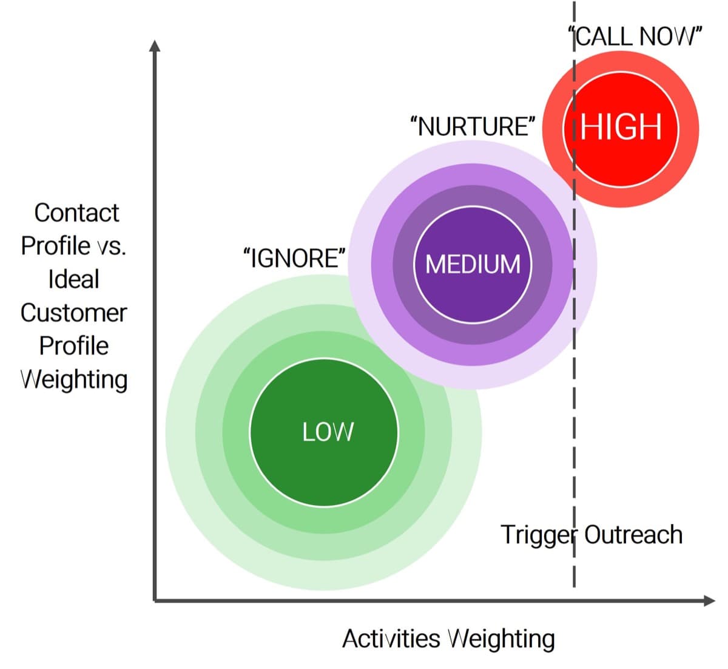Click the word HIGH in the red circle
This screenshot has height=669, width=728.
pos(621,127)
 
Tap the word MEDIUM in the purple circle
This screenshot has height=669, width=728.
pos(473,264)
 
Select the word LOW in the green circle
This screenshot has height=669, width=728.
pos(328,432)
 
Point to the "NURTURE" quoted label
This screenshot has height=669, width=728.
pos(473,126)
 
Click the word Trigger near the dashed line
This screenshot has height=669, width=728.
pos(538,535)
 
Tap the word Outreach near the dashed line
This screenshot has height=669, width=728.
pos(633,535)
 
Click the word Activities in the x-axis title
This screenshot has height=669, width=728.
pos(391,639)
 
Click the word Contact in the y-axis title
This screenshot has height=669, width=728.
pos(76,213)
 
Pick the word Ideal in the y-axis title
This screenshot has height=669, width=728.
pos(73,279)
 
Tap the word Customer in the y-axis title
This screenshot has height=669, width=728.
pos(73,313)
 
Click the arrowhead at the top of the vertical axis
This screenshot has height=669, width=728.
pos(155,46)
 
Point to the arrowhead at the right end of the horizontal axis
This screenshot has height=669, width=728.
pos(709,600)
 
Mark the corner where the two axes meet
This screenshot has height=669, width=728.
pos(155,600)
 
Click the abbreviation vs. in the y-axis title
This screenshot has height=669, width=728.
pos(110,246)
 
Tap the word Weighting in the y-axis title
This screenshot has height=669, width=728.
pos(74,379)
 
